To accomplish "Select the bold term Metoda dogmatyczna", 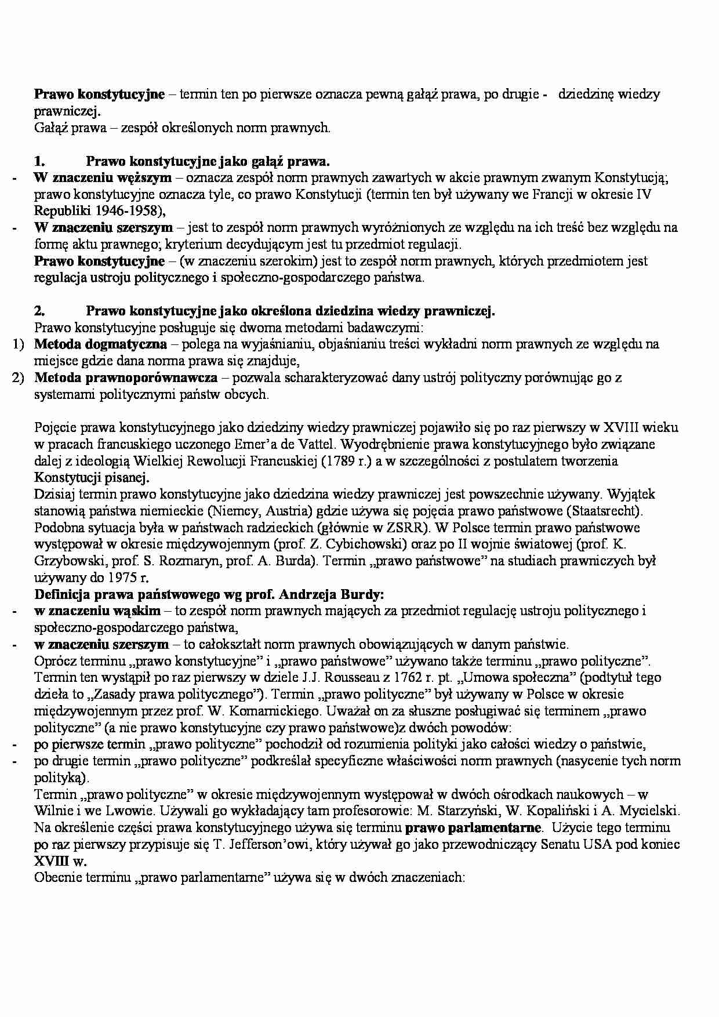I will [x=100, y=344].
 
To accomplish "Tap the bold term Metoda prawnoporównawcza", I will [x=126, y=378].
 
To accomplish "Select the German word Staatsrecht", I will [x=604, y=511].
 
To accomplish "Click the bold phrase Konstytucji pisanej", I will [x=91, y=478].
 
